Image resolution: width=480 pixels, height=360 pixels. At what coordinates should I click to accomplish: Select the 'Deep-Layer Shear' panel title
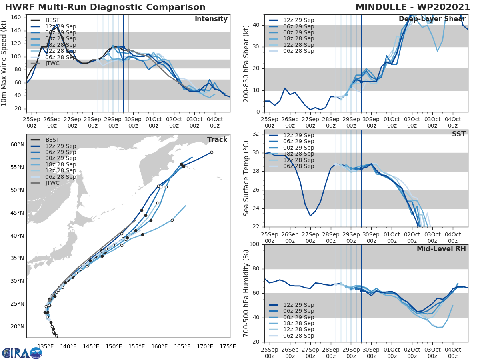tap(432, 19)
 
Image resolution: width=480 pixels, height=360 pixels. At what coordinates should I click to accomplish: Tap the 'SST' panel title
tap(458, 134)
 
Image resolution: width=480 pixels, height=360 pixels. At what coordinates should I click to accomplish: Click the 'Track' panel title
tap(217, 140)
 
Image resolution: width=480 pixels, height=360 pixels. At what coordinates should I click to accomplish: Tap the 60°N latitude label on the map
tap(17, 144)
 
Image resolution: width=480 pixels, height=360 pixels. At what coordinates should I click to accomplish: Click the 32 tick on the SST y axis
tap(256, 134)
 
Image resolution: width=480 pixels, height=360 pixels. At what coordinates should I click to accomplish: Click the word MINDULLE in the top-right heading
tap(386, 7)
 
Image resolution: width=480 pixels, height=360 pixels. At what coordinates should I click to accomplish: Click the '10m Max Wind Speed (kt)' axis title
tap(4, 63)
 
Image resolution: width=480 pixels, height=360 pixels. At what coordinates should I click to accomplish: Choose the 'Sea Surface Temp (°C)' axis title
tap(246, 178)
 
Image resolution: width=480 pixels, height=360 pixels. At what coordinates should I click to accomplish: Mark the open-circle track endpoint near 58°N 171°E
tap(212, 152)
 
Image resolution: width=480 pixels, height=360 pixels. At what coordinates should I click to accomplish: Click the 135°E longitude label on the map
tap(46, 346)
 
